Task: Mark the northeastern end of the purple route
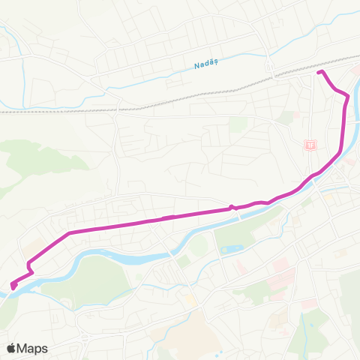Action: pos(319,72)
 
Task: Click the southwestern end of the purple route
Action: pos(13,285)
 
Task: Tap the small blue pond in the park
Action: pos(230,248)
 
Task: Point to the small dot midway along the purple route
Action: pos(232,208)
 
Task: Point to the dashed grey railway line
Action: pos(150,101)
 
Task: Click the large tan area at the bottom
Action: pos(180,330)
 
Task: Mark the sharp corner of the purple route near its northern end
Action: pos(346,96)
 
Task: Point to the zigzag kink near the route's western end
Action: pos(29,265)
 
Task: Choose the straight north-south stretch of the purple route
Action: pos(344,124)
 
